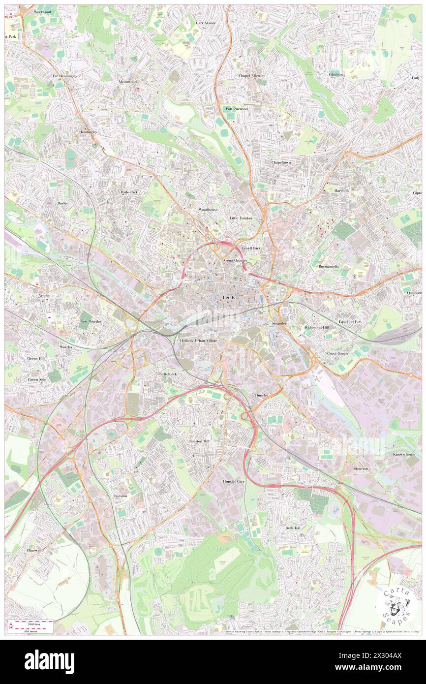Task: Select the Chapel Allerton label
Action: tap(251, 76)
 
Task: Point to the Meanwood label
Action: tap(127, 82)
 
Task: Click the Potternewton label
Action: tap(237, 109)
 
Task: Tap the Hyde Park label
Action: tap(129, 192)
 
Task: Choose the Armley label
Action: tap(44, 295)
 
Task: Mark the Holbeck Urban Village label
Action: tap(198, 341)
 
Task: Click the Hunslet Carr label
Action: tap(234, 481)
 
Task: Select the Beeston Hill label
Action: tap(199, 441)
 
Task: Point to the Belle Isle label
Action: tap(293, 528)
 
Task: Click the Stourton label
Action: tap(361, 469)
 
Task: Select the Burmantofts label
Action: tap(329, 266)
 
